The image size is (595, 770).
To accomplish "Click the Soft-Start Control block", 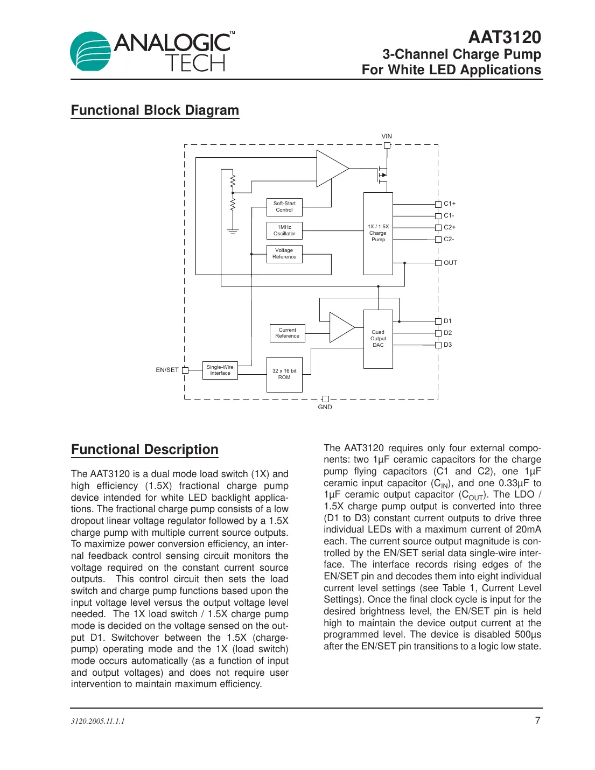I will click(284, 207).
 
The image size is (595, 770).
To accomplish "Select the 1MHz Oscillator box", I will click(284, 230).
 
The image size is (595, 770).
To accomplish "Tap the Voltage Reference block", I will click(284, 254).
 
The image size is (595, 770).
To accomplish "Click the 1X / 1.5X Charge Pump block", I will click(378, 233).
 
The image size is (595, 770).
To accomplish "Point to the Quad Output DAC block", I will click(378, 339).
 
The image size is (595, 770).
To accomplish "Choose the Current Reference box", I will click(287, 333).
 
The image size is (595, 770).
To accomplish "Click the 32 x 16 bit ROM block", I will click(284, 374).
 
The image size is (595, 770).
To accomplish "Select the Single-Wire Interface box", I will click(220, 370).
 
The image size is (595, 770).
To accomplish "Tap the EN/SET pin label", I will click(167, 370).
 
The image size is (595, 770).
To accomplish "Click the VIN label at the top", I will click(387, 136).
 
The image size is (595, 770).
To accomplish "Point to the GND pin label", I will click(325, 407).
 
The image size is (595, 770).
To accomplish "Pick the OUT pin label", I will click(450, 263).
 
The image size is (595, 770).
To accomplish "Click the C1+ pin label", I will click(450, 204).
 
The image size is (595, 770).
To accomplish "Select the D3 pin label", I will click(447, 345).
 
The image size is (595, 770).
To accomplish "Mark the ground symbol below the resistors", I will click(233, 232).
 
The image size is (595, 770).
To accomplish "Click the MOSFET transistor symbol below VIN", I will click(382, 174).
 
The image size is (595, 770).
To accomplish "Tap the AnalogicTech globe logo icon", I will click(90, 52).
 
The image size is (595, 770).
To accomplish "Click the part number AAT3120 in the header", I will click(504, 37).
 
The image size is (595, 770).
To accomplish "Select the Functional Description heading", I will click(145, 450).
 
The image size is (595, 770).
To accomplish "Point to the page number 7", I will click(537, 720).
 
